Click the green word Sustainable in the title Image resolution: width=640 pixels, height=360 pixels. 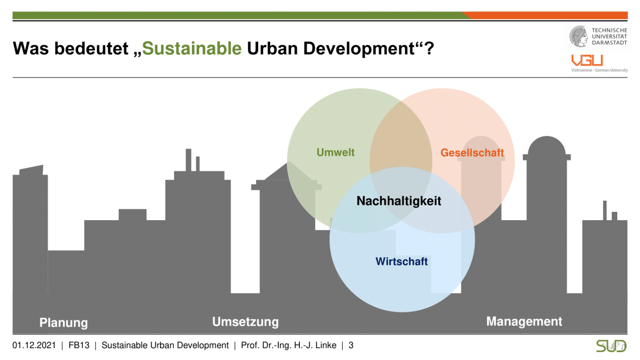pyautogui.click(x=192, y=48)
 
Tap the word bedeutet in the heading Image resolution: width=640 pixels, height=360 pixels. pyautogui.click(x=92, y=48)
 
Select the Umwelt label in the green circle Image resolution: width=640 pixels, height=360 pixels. pyautogui.click(x=336, y=152)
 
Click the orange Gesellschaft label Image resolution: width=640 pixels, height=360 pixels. pyautogui.click(x=472, y=153)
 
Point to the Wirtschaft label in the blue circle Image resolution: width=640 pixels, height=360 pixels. pyautogui.click(x=402, y=261)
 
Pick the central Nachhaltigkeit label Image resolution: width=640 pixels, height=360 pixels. pyautogui.click(x=399, y=201)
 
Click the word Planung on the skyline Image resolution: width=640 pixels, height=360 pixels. pyautogui.click(x=63, y=323)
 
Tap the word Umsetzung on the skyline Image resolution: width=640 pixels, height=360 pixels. pyautogui.click(x=245, y=322)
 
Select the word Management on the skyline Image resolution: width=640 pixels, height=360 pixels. pyautogui.click(x=524, y=321)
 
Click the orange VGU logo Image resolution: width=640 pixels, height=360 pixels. pyautogui.click(x=587, y=60)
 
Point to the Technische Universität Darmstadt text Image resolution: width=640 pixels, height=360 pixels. pyautogui.click(x=610, y=36)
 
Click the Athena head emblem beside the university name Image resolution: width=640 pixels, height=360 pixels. pyautogui.click(x=579, y=36)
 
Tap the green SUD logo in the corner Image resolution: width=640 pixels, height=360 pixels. pyautogui.click(x=611, y=346)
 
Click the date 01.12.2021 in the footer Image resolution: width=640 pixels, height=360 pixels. pyautogui.click(x=34, y=345)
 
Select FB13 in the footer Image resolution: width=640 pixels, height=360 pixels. pyautogui.click(x=79, y=345)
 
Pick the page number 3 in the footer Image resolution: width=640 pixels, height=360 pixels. pyautogui.click(x=350, y=345)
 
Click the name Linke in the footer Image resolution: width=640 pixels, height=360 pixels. pyautogui.click(x=326, y=345)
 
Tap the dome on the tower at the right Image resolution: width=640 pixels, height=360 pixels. pyautogui.click(x=547, y=146)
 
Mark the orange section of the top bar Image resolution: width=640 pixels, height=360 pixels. pyautogui.click(x=546, y=16)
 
